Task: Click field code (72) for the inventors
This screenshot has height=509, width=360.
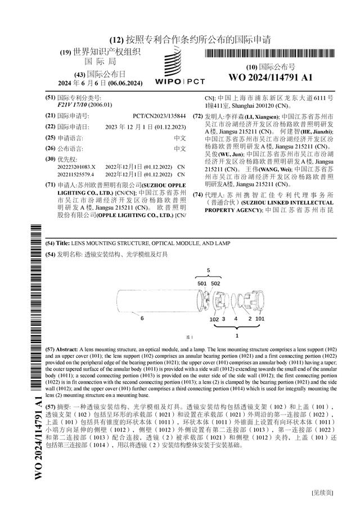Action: pos(197,116)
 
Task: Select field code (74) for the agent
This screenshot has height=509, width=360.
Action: pos(197,195)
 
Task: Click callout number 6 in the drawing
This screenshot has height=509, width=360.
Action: pos(142,318)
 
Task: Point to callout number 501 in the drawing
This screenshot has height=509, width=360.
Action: pos(202,283)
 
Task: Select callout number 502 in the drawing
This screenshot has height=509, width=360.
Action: pos(215,283)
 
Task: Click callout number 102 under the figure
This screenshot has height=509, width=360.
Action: pos(214,319)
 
